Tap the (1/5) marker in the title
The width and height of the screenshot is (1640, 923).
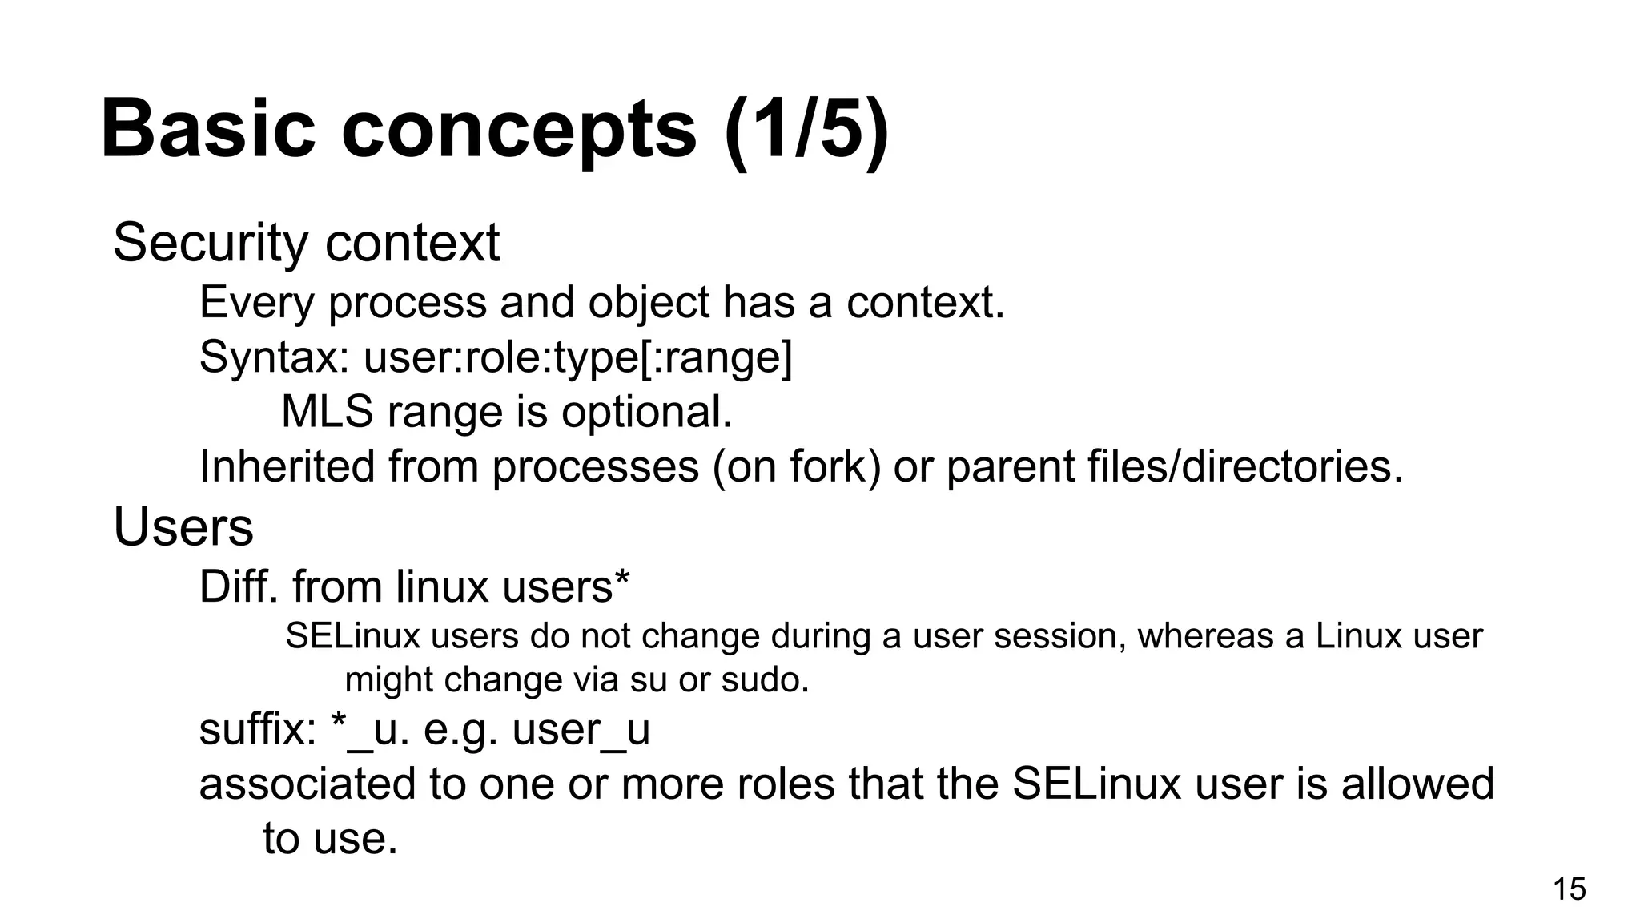click(806, 129)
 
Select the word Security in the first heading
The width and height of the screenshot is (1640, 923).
click(211, 243)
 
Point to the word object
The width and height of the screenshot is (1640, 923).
click(649, 303)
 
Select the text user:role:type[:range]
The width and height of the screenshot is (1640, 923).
click(577, 357)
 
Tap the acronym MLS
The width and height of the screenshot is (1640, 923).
click(328, 412)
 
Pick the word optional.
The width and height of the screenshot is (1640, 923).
click(646, 412)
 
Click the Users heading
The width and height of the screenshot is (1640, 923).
click(183, 527)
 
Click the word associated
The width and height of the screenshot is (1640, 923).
click(307, 784)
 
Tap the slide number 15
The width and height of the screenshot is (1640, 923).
click(1569, 889)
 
